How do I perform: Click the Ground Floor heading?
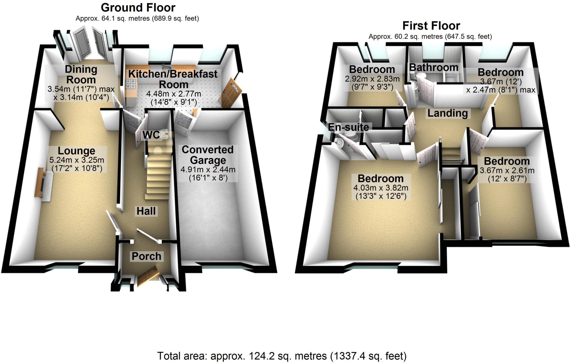click(x=138, y=8)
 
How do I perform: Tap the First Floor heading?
click(x=431, y=26)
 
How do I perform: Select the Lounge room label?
click(x=77, y=151)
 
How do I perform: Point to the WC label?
click(x=151, y=135)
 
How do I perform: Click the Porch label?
click(x=146, y=256)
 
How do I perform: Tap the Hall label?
click(x=146, y=211)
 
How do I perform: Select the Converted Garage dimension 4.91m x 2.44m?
click(x=208, y=169)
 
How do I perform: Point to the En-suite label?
click(x=348, y=127)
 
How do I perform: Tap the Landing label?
click(x=448, y=113)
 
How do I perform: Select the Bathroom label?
click(x=434, y=67)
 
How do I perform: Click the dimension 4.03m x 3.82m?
click(x=381, y=188)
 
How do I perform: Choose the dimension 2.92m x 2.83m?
click(x=372, y=79)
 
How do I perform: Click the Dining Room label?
click(x=81, y=74)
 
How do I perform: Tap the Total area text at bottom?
click(x=282, y=356)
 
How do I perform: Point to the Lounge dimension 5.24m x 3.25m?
click(x=77, y=160)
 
